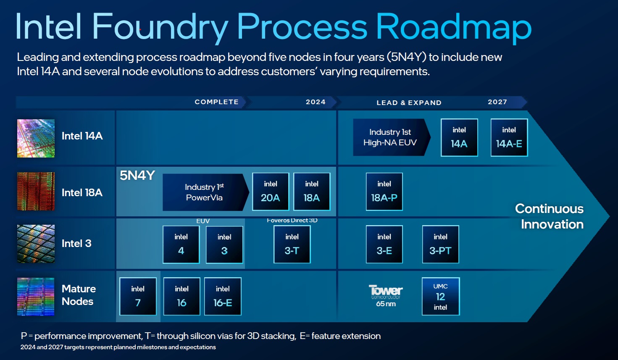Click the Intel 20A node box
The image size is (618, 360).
click(x=271, y=192)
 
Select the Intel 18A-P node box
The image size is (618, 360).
click(x=384, y=192)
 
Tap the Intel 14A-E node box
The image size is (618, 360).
click(x=509, y=138)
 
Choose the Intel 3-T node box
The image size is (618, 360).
click(x=292, y=244)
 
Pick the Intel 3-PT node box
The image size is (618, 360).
click(x=440, y=244)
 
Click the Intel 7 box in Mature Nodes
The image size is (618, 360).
click(x=138, y=296)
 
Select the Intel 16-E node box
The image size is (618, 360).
click(x=223, y=296)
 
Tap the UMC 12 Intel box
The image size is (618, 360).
click(x=440, y=296)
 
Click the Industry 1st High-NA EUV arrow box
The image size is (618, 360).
click(x=390, y=137)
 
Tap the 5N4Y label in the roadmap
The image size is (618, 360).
click(x=137, y=176)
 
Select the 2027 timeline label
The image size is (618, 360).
click(x=497, y=102)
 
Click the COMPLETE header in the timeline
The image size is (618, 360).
click(x=216, y=102)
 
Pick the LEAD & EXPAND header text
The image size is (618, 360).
click(x=409, y=102)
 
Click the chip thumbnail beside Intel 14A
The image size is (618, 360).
click(x=36, y=138)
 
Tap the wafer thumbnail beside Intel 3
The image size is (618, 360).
click(x=36, y=244)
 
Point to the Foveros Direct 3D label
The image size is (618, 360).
click(x=292, y=220)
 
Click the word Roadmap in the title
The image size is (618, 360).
click(x=454, y=27)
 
